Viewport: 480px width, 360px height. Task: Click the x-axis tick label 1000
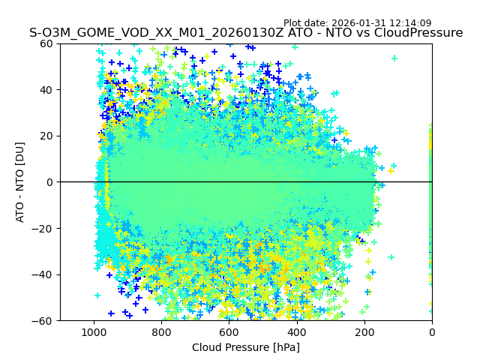(x=94, y=332)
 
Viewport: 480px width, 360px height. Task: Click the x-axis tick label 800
(x=161, y=332)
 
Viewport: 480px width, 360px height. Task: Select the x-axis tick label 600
(x=229, y=332)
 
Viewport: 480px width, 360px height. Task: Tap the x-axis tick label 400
(x=296, y=332)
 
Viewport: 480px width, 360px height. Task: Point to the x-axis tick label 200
(x=364, y=332)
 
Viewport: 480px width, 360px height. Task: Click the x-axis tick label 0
(x=431, y=332)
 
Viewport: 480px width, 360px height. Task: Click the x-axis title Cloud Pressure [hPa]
(x=246, y=347)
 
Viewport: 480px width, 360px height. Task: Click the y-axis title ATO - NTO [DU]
(x=21, y=182)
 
